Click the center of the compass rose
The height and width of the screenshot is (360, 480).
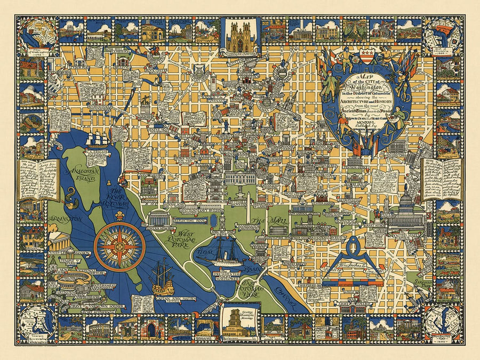(x=119, y=246)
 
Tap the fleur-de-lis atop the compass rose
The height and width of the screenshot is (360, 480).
(x=119, y=218)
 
